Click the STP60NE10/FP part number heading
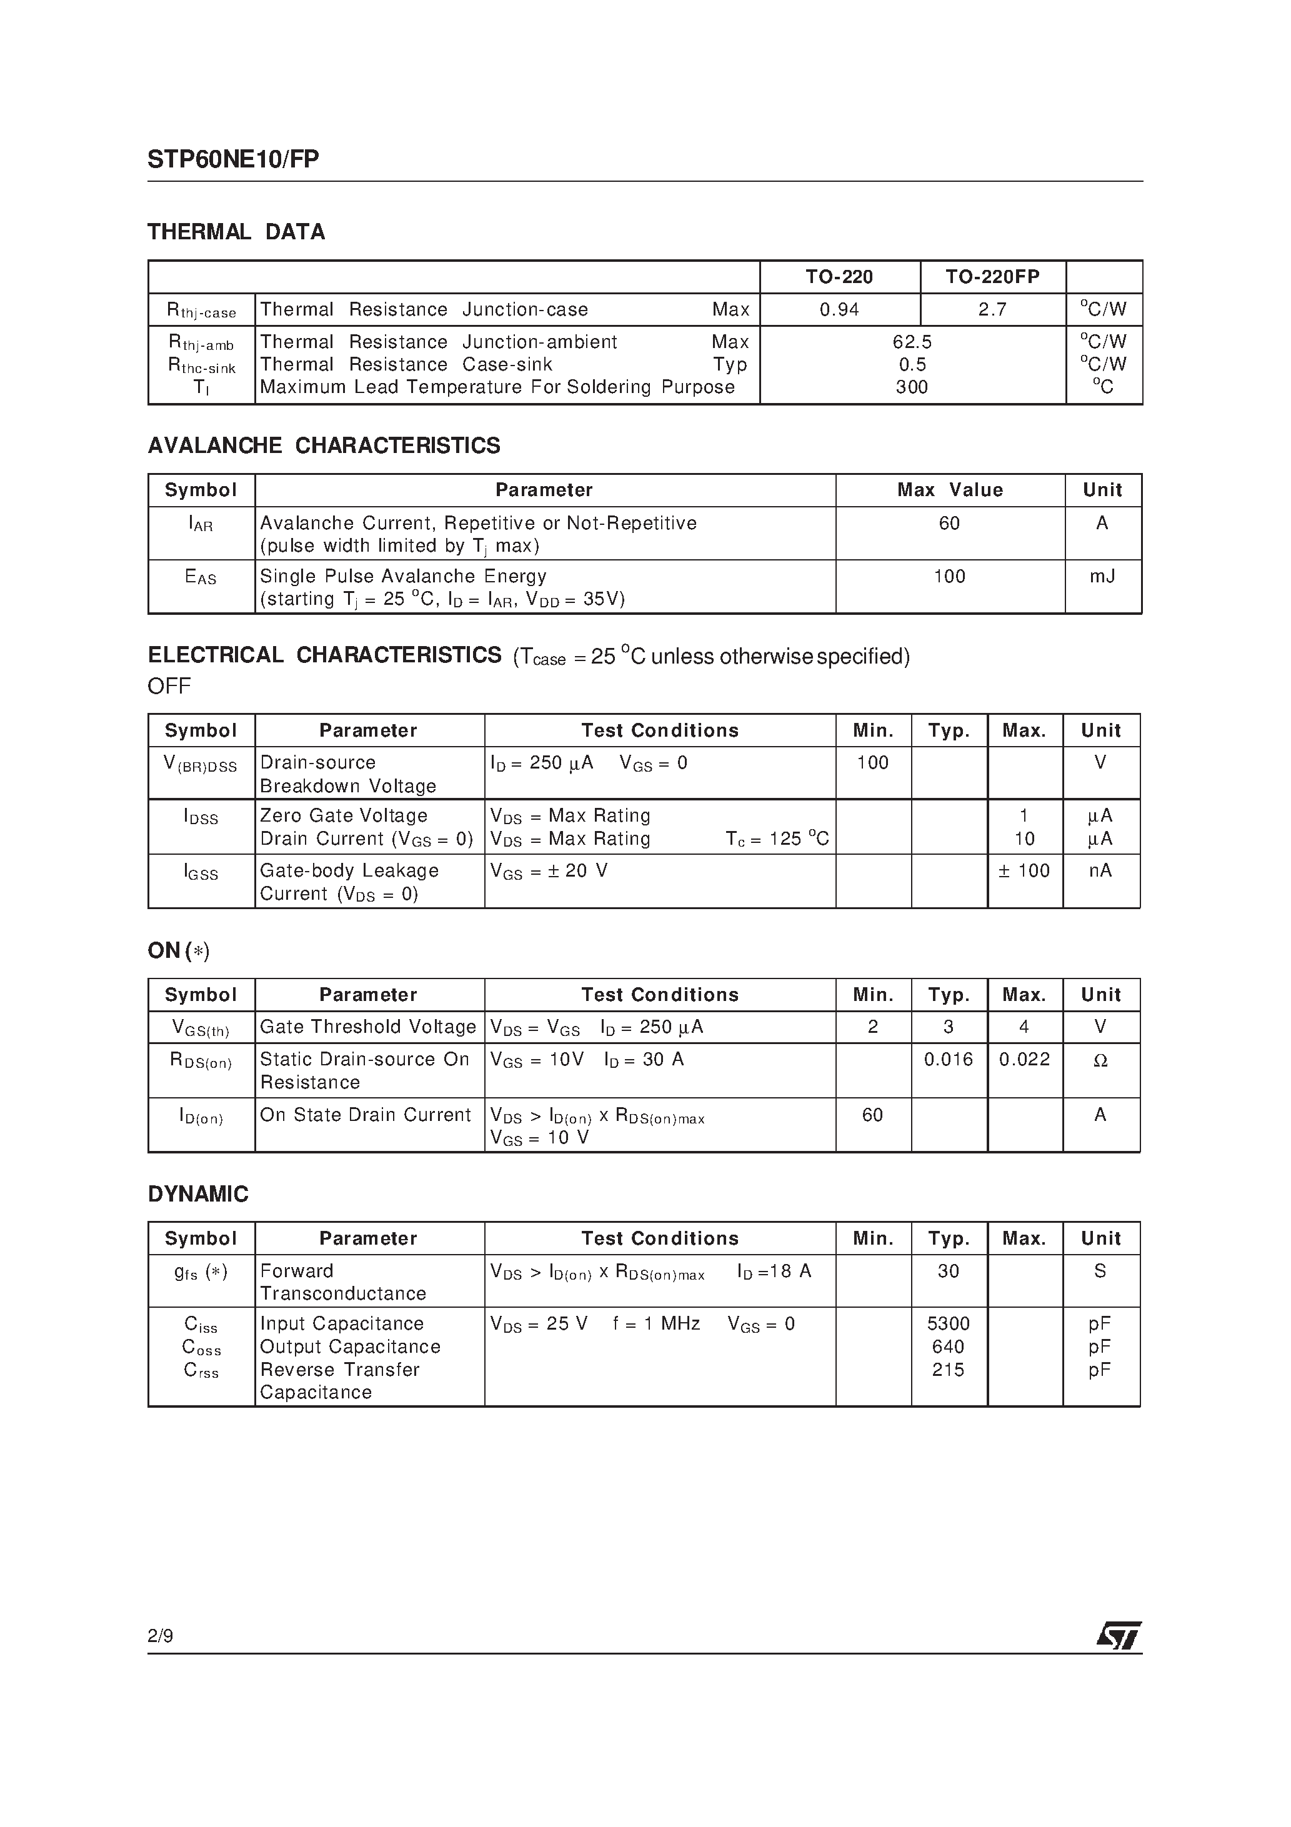point(233,160)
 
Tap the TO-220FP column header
point(992,277)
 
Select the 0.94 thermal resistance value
point(839,309)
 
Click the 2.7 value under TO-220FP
point(992,309)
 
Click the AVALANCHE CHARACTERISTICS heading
point(324,446)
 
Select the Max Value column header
point(950,490)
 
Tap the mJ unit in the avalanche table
point(1102,576)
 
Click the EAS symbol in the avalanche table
point(201,577)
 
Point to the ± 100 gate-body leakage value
point(1024,870)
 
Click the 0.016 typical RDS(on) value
point(948,1059)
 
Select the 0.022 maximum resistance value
point(1024,1059)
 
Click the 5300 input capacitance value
point(948,1323)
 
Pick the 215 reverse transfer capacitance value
point(948,1370)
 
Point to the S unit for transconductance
point(1100,1271)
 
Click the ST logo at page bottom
point(1119,1636)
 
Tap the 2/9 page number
point(160,1636)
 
